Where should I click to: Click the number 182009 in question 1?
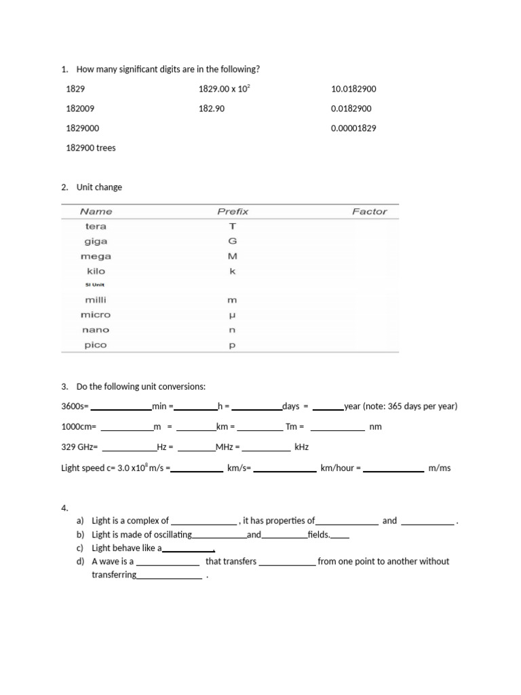click(x=80, y=109)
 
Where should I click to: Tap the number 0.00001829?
click(x=353, y=128)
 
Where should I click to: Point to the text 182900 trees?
click(x=91, y=148)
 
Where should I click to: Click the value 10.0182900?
click(x=353, y=89)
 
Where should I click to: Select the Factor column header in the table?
click(x=369, y=212)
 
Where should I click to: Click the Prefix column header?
click(x=233, y=212)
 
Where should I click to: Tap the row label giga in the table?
click(x=96, y=242)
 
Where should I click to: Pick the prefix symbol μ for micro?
click(x=232, y=315)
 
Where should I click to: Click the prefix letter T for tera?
click(x=232, y=227)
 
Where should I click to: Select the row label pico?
click(x=96, y=345)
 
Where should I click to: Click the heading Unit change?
click(x=99, y=187)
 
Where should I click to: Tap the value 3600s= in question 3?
click(x=75, y=407)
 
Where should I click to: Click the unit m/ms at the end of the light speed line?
click(x=440, y=468)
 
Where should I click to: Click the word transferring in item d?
click(x=114, y=575)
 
